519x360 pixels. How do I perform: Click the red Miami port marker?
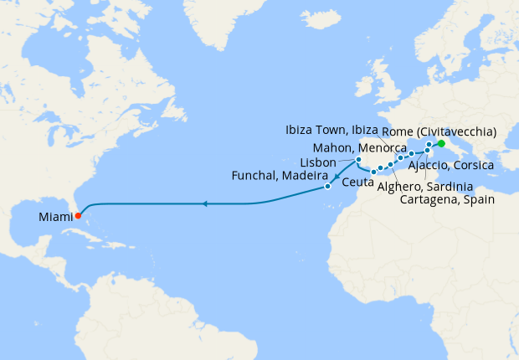point(78,215)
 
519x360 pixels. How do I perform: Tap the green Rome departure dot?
point(441,143)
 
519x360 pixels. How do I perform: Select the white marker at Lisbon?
point(358,160)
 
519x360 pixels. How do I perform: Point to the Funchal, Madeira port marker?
point(327,186)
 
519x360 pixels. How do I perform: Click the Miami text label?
point(54,218)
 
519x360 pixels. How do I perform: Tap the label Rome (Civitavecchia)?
point(439,131)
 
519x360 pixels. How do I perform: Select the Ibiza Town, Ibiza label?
point(331,131)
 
